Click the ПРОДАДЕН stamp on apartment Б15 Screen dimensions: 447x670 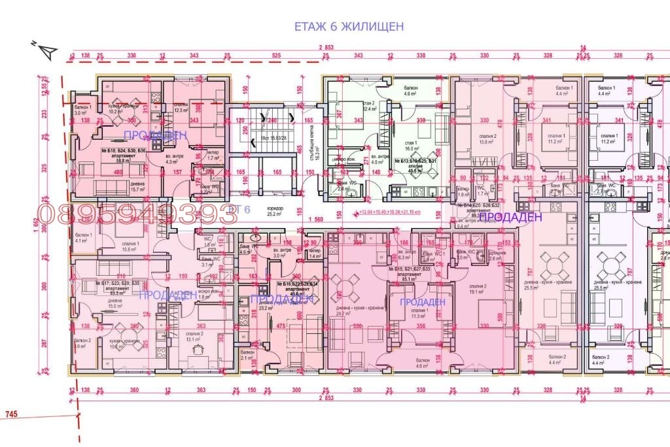coord(423,301)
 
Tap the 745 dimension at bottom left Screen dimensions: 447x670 coord(11,414)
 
